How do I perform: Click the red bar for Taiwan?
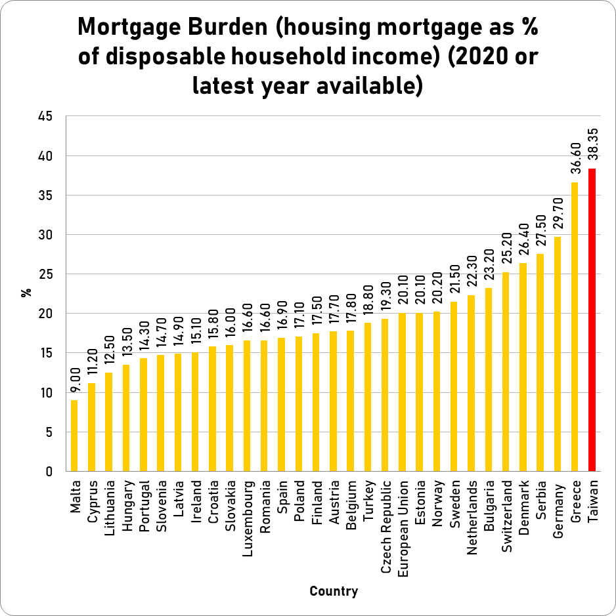(592, 320)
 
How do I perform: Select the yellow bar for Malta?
(74, 436)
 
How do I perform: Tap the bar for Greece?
(575, 327)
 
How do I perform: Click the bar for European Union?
(402, 392)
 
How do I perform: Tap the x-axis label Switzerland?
(506, 518)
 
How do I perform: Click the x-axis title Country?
(334, 591)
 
